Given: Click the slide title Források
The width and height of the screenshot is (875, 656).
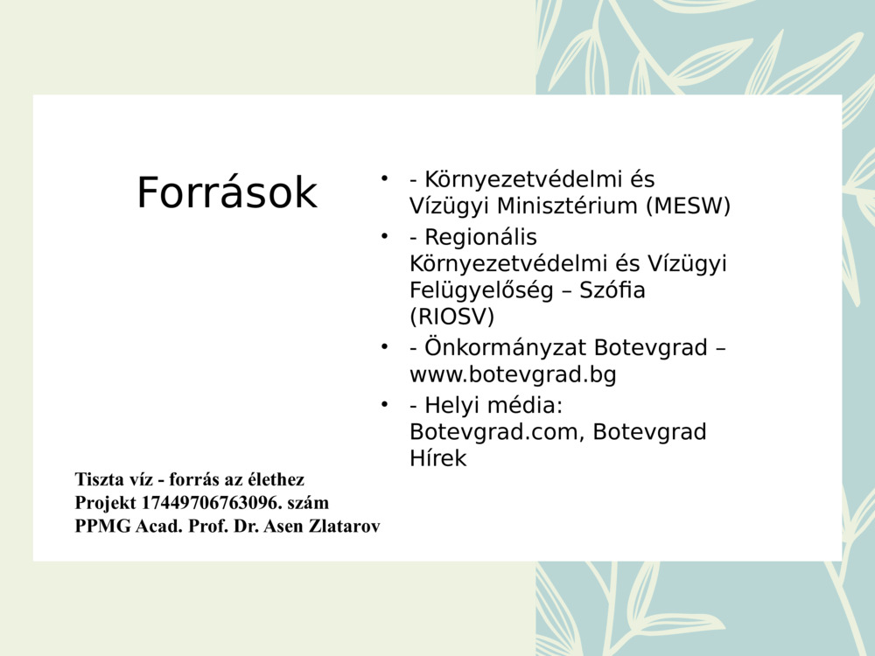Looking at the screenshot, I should pyautogui.click(x=227, y=193).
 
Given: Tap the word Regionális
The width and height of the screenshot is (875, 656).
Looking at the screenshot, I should pyautogui.click(x=480, y=237).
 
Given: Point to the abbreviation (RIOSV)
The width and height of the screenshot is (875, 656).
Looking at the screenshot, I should pyautogui.click(x=451, y=316).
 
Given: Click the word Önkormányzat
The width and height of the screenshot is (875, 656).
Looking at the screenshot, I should pyautogui.click(x=506, y=347).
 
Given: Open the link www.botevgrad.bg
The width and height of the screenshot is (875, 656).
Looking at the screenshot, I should pyautogui.click(x=513, y=375).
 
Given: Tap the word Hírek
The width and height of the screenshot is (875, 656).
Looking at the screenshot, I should pyautogui.click(x=437, y=458).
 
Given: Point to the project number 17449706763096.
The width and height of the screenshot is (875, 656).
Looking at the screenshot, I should pyautogui.click(x=211, y=503).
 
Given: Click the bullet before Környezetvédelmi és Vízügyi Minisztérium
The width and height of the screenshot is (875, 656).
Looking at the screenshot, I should pyautogui.click(x=383, y=178).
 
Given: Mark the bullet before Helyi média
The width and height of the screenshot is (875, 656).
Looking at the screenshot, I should pyautogui.click(x=383, y=405).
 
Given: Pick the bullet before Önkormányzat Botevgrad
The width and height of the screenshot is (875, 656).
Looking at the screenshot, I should pyautogui.click(x=383, y=346).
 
